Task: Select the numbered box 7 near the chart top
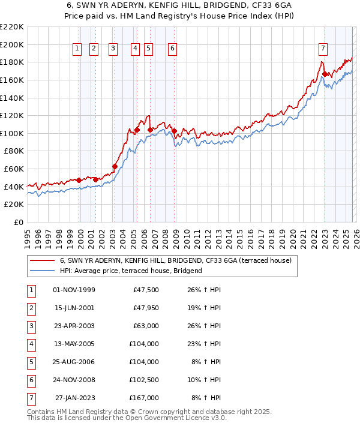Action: click(x=323, y=49)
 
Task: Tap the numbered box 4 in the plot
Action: click(x=135, y=49)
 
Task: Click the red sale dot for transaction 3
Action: click(x=115, y=166)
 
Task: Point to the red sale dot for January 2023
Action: click(x=325, y=74)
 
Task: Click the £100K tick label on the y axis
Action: click(x=12, y=133)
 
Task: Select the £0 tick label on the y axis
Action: click(x=18, y=223)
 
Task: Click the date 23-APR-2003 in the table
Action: click(x=74, y=326)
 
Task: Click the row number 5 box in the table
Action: click(x=30, y=362)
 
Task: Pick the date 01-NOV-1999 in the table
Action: click(x=74, y=290)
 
